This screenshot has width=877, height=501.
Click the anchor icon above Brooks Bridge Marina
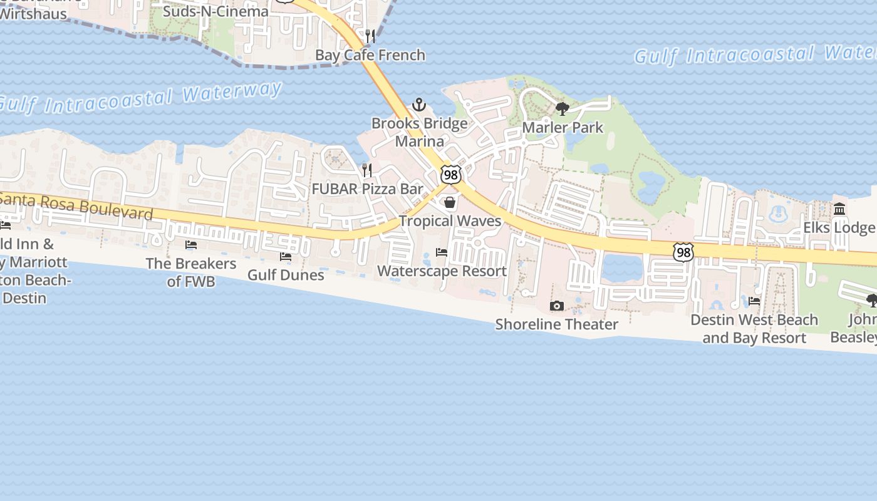[419, 105]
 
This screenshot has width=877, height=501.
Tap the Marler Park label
[563, 128]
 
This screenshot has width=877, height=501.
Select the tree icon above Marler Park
[563, 109]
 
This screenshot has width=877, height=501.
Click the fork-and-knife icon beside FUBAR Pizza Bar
[367, 170]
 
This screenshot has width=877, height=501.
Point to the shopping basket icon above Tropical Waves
[450, 202]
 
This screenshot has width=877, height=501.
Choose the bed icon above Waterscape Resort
[442, 252]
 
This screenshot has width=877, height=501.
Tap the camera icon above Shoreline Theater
[556, 306]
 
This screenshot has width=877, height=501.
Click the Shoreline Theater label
[556, 324]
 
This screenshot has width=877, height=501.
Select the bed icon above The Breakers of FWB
[191, 245]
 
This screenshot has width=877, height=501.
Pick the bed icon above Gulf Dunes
[286, 256]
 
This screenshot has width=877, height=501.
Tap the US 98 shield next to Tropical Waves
[450, 175]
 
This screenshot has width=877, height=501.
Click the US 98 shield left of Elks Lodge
[683, 252]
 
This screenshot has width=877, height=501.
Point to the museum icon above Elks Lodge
[839, 209]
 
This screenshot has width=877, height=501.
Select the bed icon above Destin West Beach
[754, 301]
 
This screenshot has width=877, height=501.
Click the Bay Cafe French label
[370, 55]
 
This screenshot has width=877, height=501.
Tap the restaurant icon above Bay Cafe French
[370, 36]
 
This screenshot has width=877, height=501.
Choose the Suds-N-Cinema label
[215, 11]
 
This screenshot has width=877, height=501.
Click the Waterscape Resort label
[442, 271]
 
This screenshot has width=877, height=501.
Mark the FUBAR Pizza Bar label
[367, 189]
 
